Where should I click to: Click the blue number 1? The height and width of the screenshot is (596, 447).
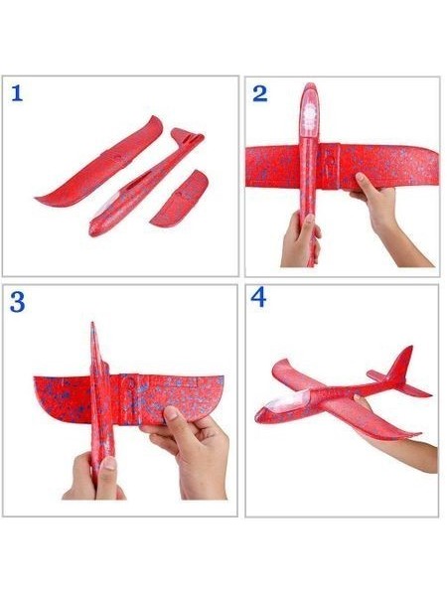coord(17,93)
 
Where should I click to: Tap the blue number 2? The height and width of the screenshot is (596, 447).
coord(260,94)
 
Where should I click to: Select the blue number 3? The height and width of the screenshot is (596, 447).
coord(18,302)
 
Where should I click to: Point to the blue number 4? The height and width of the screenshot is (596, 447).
coord(259,297)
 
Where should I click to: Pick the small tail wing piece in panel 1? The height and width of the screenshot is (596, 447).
coord(179,199)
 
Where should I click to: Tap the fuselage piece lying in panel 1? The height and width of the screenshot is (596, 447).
coord(146,183)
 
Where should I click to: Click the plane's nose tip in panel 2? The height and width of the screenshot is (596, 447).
coord(310,84)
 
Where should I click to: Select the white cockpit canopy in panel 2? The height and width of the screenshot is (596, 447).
coord(311,114)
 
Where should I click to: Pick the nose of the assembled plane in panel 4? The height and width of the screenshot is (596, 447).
coord(259,416)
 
